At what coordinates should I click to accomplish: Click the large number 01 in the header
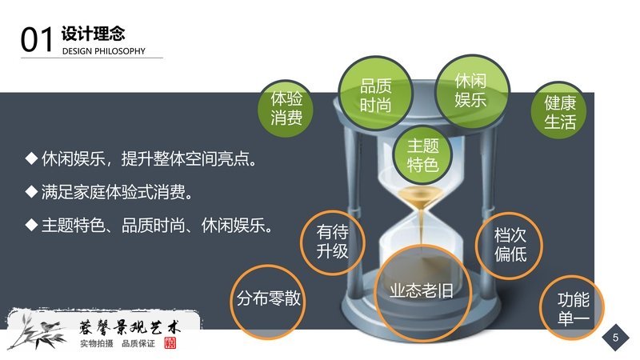click(x=37, y=39)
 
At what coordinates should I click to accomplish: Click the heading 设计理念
click(x=94, y=34)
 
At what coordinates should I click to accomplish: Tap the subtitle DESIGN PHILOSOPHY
click(x=104, y=51)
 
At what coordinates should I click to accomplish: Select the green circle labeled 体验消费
click(x=286, y=108)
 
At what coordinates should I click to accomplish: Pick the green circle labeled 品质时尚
click(x=375, y=94)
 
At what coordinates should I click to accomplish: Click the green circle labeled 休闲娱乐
click(x=471, y=91)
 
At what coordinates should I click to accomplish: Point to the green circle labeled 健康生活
click(x=559, y=111)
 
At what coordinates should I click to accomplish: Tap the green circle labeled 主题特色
click(x=423, y=155)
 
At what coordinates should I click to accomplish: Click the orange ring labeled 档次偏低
click(x=476, y=245)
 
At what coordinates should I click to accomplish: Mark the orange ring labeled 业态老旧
click(x=374, y=293)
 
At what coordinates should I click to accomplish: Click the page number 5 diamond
click(x=615, y=337)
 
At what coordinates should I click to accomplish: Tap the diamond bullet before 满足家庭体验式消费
click(x=31, y=191)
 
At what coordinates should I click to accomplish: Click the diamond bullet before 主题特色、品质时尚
click(x=31, y=225)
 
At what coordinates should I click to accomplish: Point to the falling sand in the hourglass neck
click(x=422, y=225)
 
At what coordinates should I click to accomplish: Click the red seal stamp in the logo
click(x=170, y=343)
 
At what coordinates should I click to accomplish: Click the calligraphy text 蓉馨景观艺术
click(x=129, y=327)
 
